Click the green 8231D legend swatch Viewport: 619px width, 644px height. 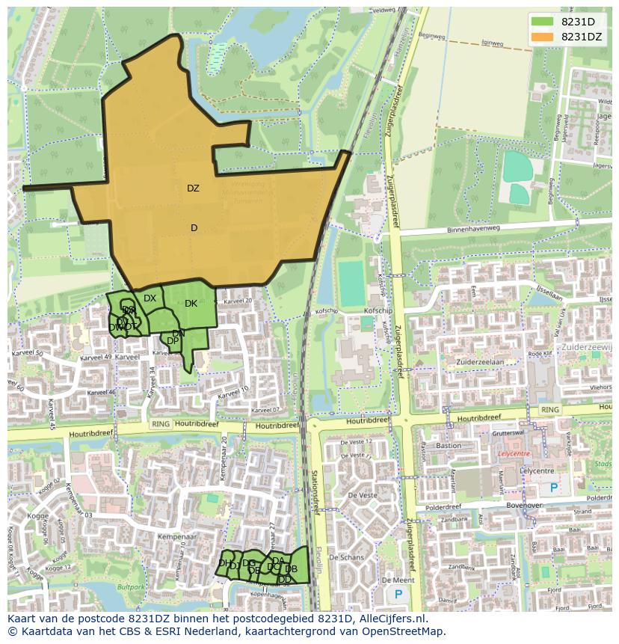543,22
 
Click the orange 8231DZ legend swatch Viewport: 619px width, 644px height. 543,37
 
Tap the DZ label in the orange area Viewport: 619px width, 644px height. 193,188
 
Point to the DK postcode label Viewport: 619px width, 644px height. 191,304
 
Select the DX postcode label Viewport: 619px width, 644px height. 150,298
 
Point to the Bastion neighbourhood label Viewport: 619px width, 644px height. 449,446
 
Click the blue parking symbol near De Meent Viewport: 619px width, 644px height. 398,594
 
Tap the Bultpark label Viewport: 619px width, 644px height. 131,587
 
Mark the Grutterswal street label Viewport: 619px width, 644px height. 508,434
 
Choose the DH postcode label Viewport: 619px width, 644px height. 224,563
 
